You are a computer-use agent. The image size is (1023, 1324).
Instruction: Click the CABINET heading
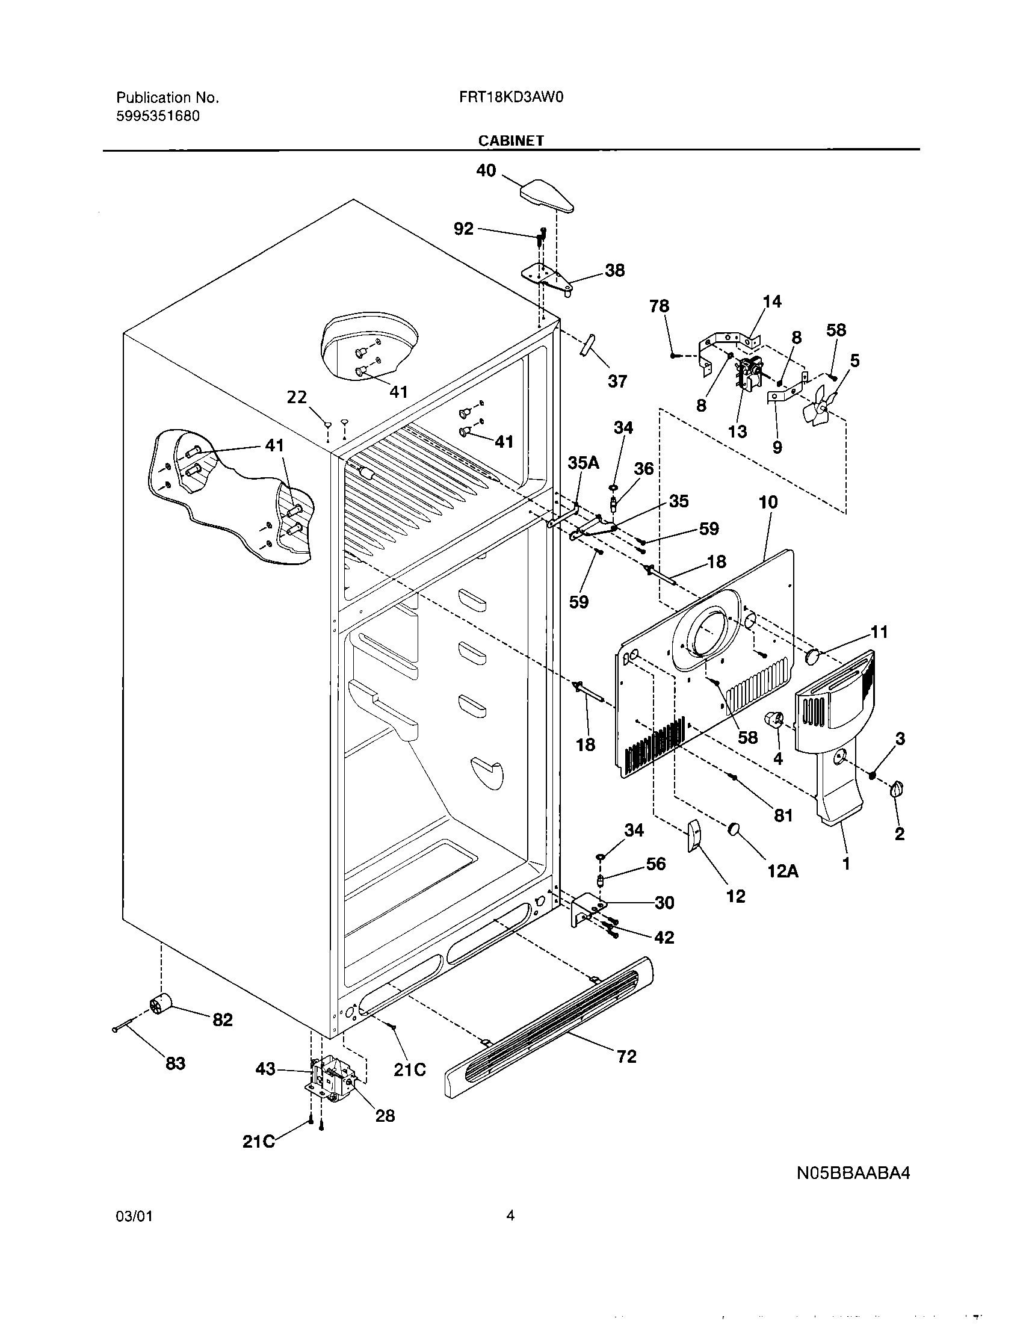511,140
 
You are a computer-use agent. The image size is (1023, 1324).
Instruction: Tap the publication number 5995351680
158,116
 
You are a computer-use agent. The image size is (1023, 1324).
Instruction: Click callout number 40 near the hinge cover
486,171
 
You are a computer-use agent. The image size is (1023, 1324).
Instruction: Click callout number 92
463,229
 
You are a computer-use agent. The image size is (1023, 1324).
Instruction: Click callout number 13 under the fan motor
738,432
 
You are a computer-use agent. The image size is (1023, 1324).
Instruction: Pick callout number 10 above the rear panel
768,502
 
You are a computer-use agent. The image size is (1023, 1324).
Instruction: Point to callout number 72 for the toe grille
626,1056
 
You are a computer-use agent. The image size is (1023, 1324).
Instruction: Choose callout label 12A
783,871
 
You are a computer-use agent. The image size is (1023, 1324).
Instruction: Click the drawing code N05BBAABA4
853,1173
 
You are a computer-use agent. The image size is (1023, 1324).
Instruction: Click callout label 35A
583,463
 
